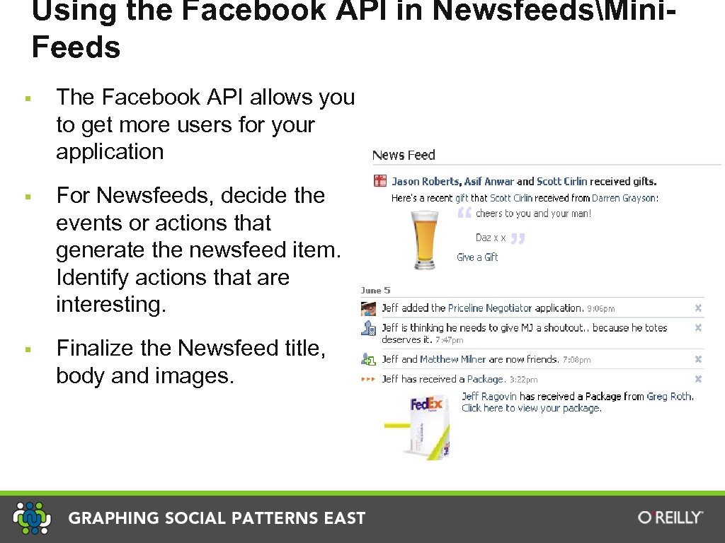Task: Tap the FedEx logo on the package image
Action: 426,405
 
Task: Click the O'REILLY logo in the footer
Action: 670,518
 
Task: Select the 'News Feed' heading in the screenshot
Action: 404,155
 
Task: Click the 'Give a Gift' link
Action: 477,257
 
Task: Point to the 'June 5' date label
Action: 375,291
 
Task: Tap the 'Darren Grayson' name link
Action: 624,198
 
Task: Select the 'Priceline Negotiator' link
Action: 490,308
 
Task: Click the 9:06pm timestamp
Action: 600,309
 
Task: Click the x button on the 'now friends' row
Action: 698,359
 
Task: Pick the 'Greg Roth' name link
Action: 668,397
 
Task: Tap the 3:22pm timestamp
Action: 523,380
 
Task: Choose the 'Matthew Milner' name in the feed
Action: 453,359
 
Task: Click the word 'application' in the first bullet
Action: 110,151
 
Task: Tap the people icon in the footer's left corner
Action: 32,518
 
